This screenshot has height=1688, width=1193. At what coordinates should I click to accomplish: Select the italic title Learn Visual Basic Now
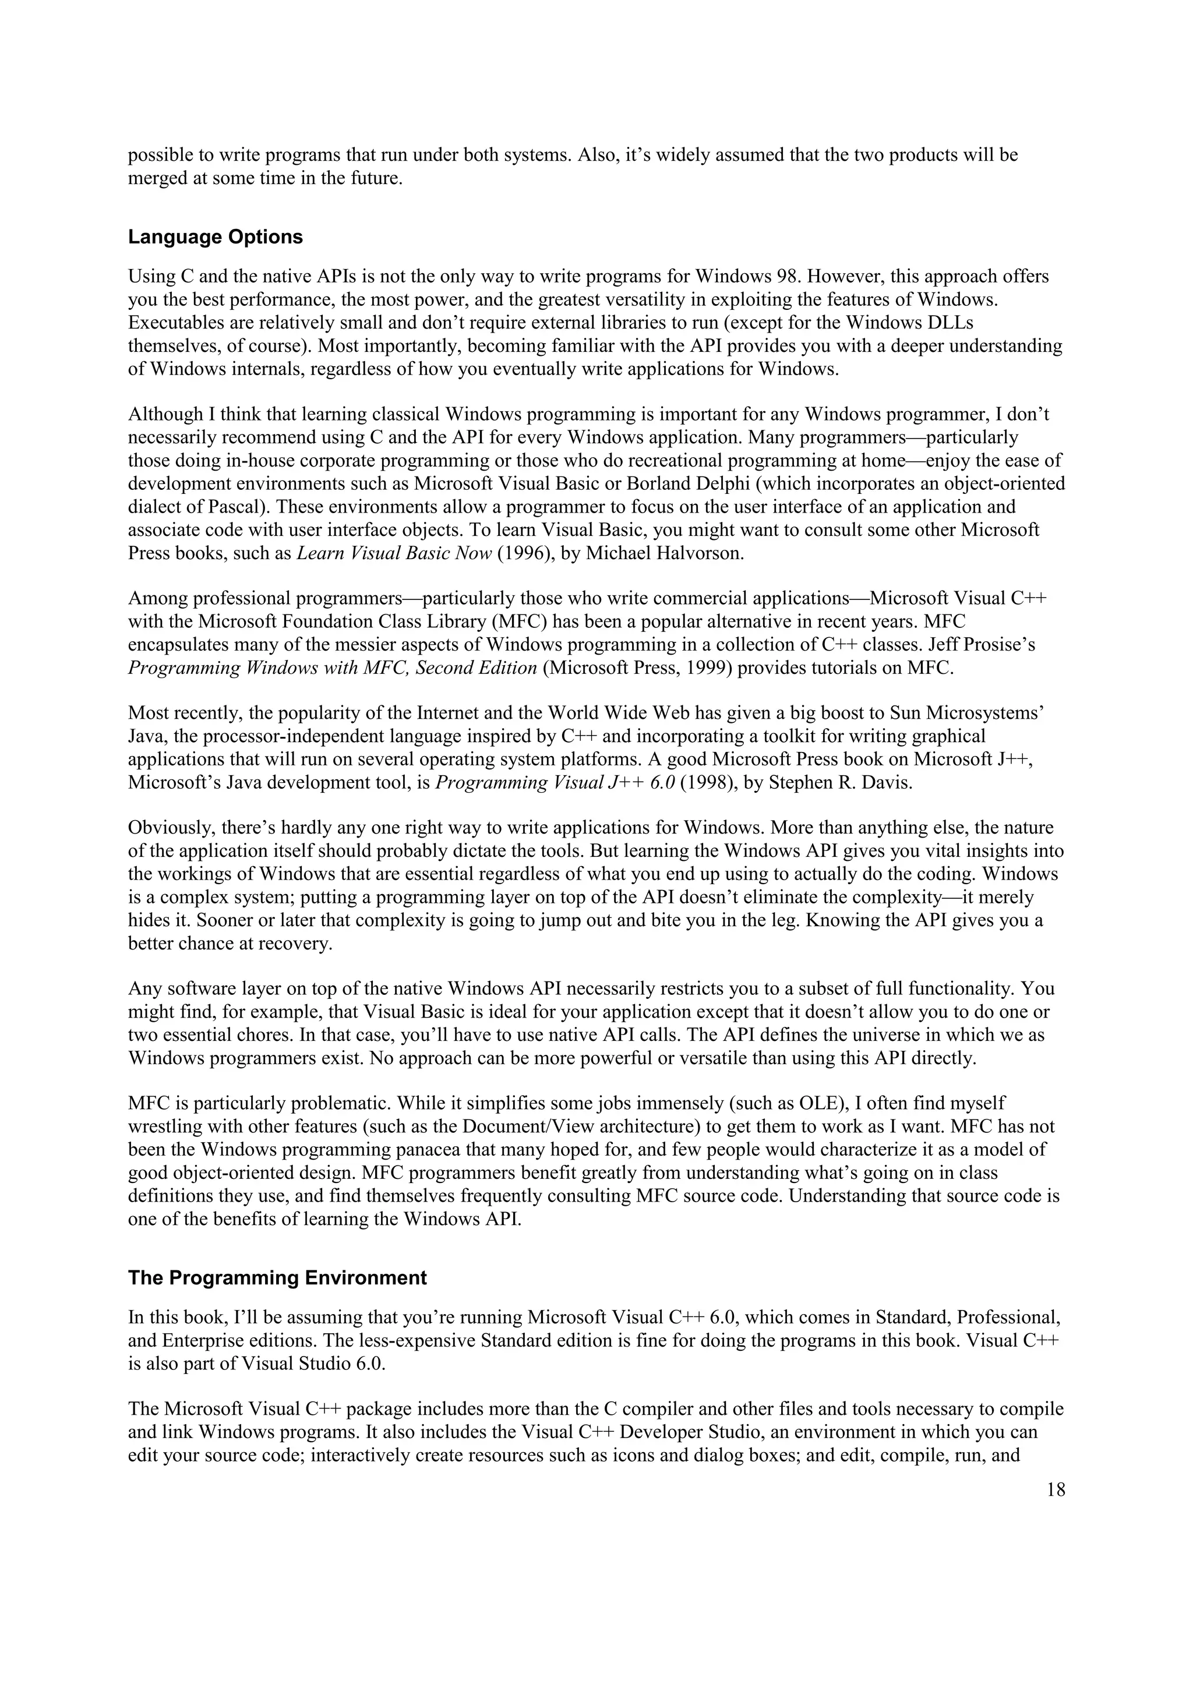tap(394, 553)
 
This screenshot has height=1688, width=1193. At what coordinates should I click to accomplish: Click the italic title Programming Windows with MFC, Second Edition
tap(332, 668)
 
